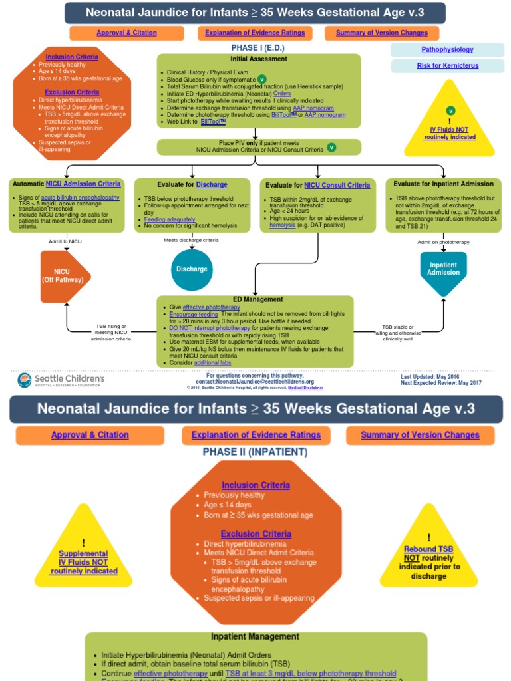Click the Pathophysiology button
[x=447, y=50]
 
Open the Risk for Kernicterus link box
[x=447, y=66]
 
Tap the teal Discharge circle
[x=192, y=269]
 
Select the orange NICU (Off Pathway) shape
[x=64, y=276]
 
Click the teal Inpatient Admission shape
[x=443, y=269]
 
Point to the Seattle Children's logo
[x=61, y=380]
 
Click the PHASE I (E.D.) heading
[x=258, y=48]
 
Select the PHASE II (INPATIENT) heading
[x=255, y=452]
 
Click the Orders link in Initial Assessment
[x=282, y=94]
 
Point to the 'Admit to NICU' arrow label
[x=65, y=241]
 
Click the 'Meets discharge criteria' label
[x=191, y=240]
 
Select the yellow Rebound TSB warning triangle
[x=428, y=555]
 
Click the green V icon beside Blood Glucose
[x=261, y=79]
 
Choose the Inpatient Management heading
[x=255, y=636]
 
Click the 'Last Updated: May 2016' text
[x=429, y=376]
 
